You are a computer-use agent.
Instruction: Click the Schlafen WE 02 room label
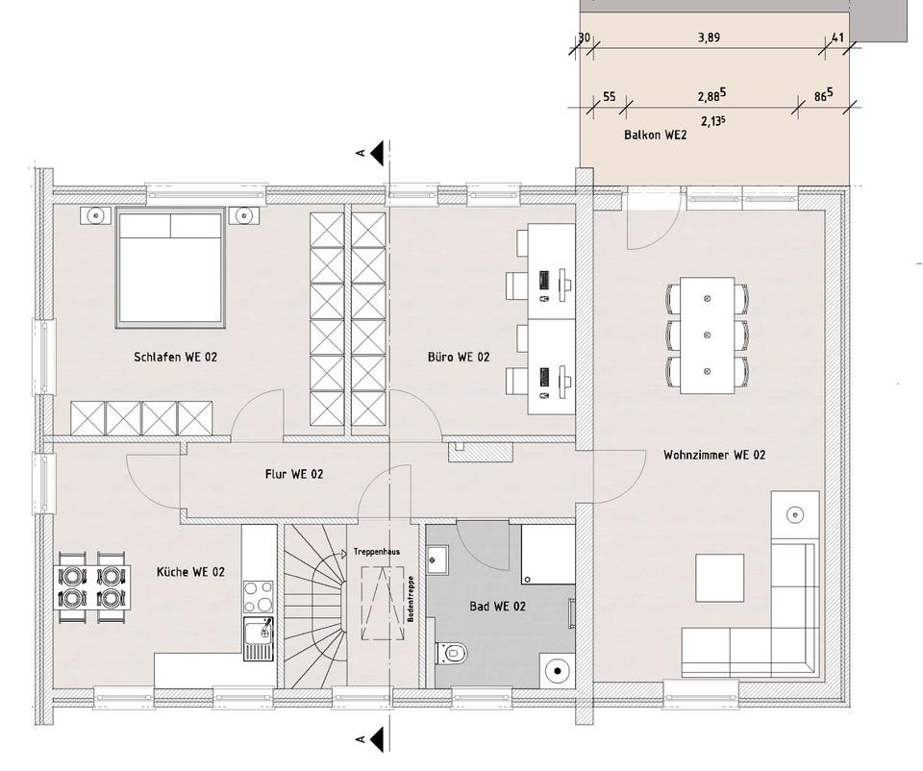(x=176, y=357)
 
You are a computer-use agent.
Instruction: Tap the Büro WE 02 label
(x=459, y=357)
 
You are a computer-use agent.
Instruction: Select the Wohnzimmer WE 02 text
(x=713, y=455)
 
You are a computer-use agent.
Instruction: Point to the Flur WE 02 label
(x=293, y=474)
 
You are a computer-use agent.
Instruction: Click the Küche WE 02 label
(x=190, y=572)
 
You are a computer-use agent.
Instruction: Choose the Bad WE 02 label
(x=497, y=606)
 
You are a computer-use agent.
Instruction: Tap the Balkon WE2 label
(x=655, y=136)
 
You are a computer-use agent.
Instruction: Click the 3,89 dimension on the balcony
(x=708, y=38)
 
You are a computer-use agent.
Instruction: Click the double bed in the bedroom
(x=171, y=266)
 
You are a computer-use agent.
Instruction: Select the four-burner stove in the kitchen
(x=257, y=596)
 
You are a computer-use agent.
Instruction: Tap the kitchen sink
(x=258, y=638)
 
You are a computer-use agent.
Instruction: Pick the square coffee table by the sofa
(x=719, y=578)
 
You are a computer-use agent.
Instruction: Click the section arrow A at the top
(x=375, y=152)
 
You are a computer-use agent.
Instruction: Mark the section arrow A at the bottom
(x=375, y=738)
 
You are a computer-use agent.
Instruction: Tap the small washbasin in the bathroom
(x=438, y=556)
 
